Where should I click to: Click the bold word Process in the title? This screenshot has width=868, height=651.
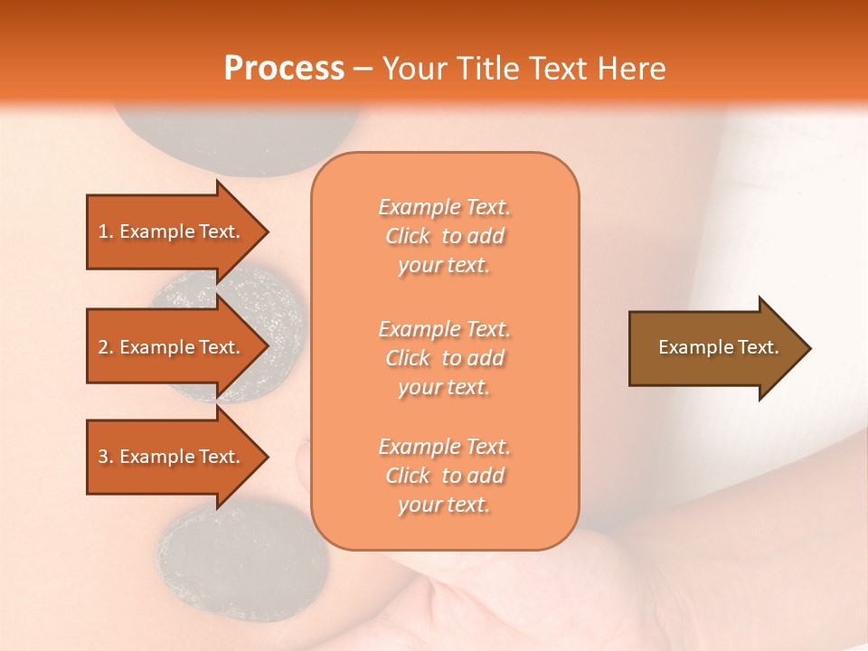pos(284,69)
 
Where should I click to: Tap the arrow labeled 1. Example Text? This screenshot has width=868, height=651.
pos(172,231)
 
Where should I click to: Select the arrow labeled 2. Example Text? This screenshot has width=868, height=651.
pos(172,347)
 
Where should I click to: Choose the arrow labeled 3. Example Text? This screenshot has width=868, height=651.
pos(172,457)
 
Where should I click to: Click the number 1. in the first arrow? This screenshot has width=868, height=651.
pos(106,231)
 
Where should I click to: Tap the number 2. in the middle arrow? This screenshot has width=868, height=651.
pos(106,347)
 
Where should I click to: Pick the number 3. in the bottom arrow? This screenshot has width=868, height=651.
pos(106,457)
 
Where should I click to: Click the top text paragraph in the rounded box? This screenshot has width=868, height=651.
pos(444,236)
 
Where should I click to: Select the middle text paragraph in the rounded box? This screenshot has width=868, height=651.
pos(444,358)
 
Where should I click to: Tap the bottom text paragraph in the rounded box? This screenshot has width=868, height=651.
pos(444,476)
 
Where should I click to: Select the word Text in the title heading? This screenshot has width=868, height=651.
pos(555,69)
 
